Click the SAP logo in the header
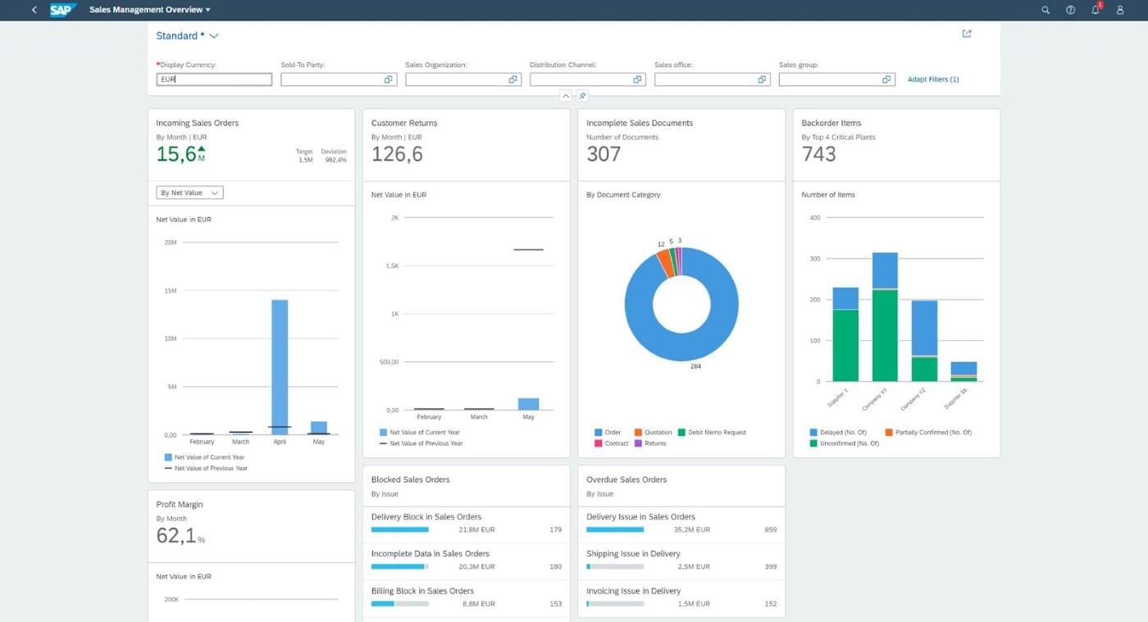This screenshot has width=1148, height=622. pyautogui.click(x=62, y=10)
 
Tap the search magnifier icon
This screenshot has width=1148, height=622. pyautogui.click(x=1045, y=10)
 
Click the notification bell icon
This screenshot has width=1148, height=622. pyautogui.click(x=1096, y=10)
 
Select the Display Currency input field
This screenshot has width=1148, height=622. pyautogui.click(x=214, y=79)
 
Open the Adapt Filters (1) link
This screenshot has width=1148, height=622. pyautogui.click(x=933, y=79)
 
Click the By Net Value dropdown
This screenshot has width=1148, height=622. pyautogui.click(x=189, y=193)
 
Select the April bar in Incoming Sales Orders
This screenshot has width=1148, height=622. pyautogui.click(x=280, y=367)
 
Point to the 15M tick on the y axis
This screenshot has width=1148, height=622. pyautogui.click(x=171, y=290)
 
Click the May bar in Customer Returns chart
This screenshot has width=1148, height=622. pyautogui.click(x=528, y=404)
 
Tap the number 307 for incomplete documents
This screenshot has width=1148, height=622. pyautogui.click(x=604, y=154)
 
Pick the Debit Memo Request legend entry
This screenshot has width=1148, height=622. pyautogui.click(x=712, y=433)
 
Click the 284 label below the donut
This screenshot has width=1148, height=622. pyautogui.click(x=695, y=366)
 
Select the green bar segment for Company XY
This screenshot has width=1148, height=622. pyautogui.click(x=885, y=336)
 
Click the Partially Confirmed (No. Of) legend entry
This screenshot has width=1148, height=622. pyautogui.click(x=928, y=433)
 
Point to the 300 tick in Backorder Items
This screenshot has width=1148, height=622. pyautogui.click(x=815, y=259)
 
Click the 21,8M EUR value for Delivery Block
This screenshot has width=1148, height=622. pyautogui.click(x=476, y=529)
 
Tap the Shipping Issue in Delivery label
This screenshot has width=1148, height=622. pyautogui.click(x=633, y=554)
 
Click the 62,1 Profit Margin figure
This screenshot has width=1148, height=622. pyautogui.click(x=176, y=535)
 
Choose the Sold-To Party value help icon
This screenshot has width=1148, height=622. pyautogui.click(x=389, y=79)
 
